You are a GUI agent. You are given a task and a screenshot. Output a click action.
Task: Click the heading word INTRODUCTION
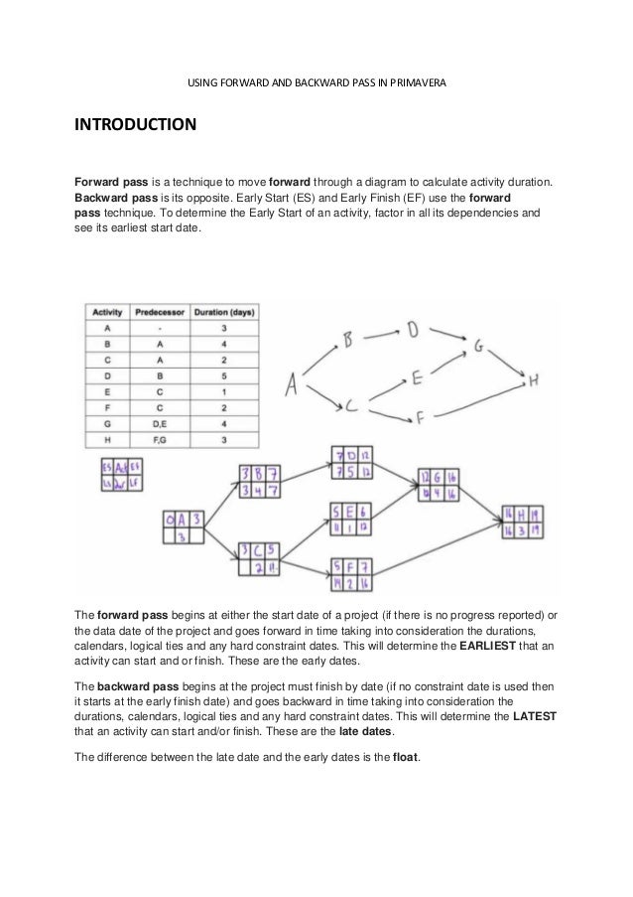click(x=132, y=127)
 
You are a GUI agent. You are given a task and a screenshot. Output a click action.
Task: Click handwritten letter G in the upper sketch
click(x=478, y=347)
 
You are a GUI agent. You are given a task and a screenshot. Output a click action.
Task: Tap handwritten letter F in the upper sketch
click(x=421, y=417)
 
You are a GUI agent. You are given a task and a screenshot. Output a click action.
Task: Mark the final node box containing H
click(x=522, y=523)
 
